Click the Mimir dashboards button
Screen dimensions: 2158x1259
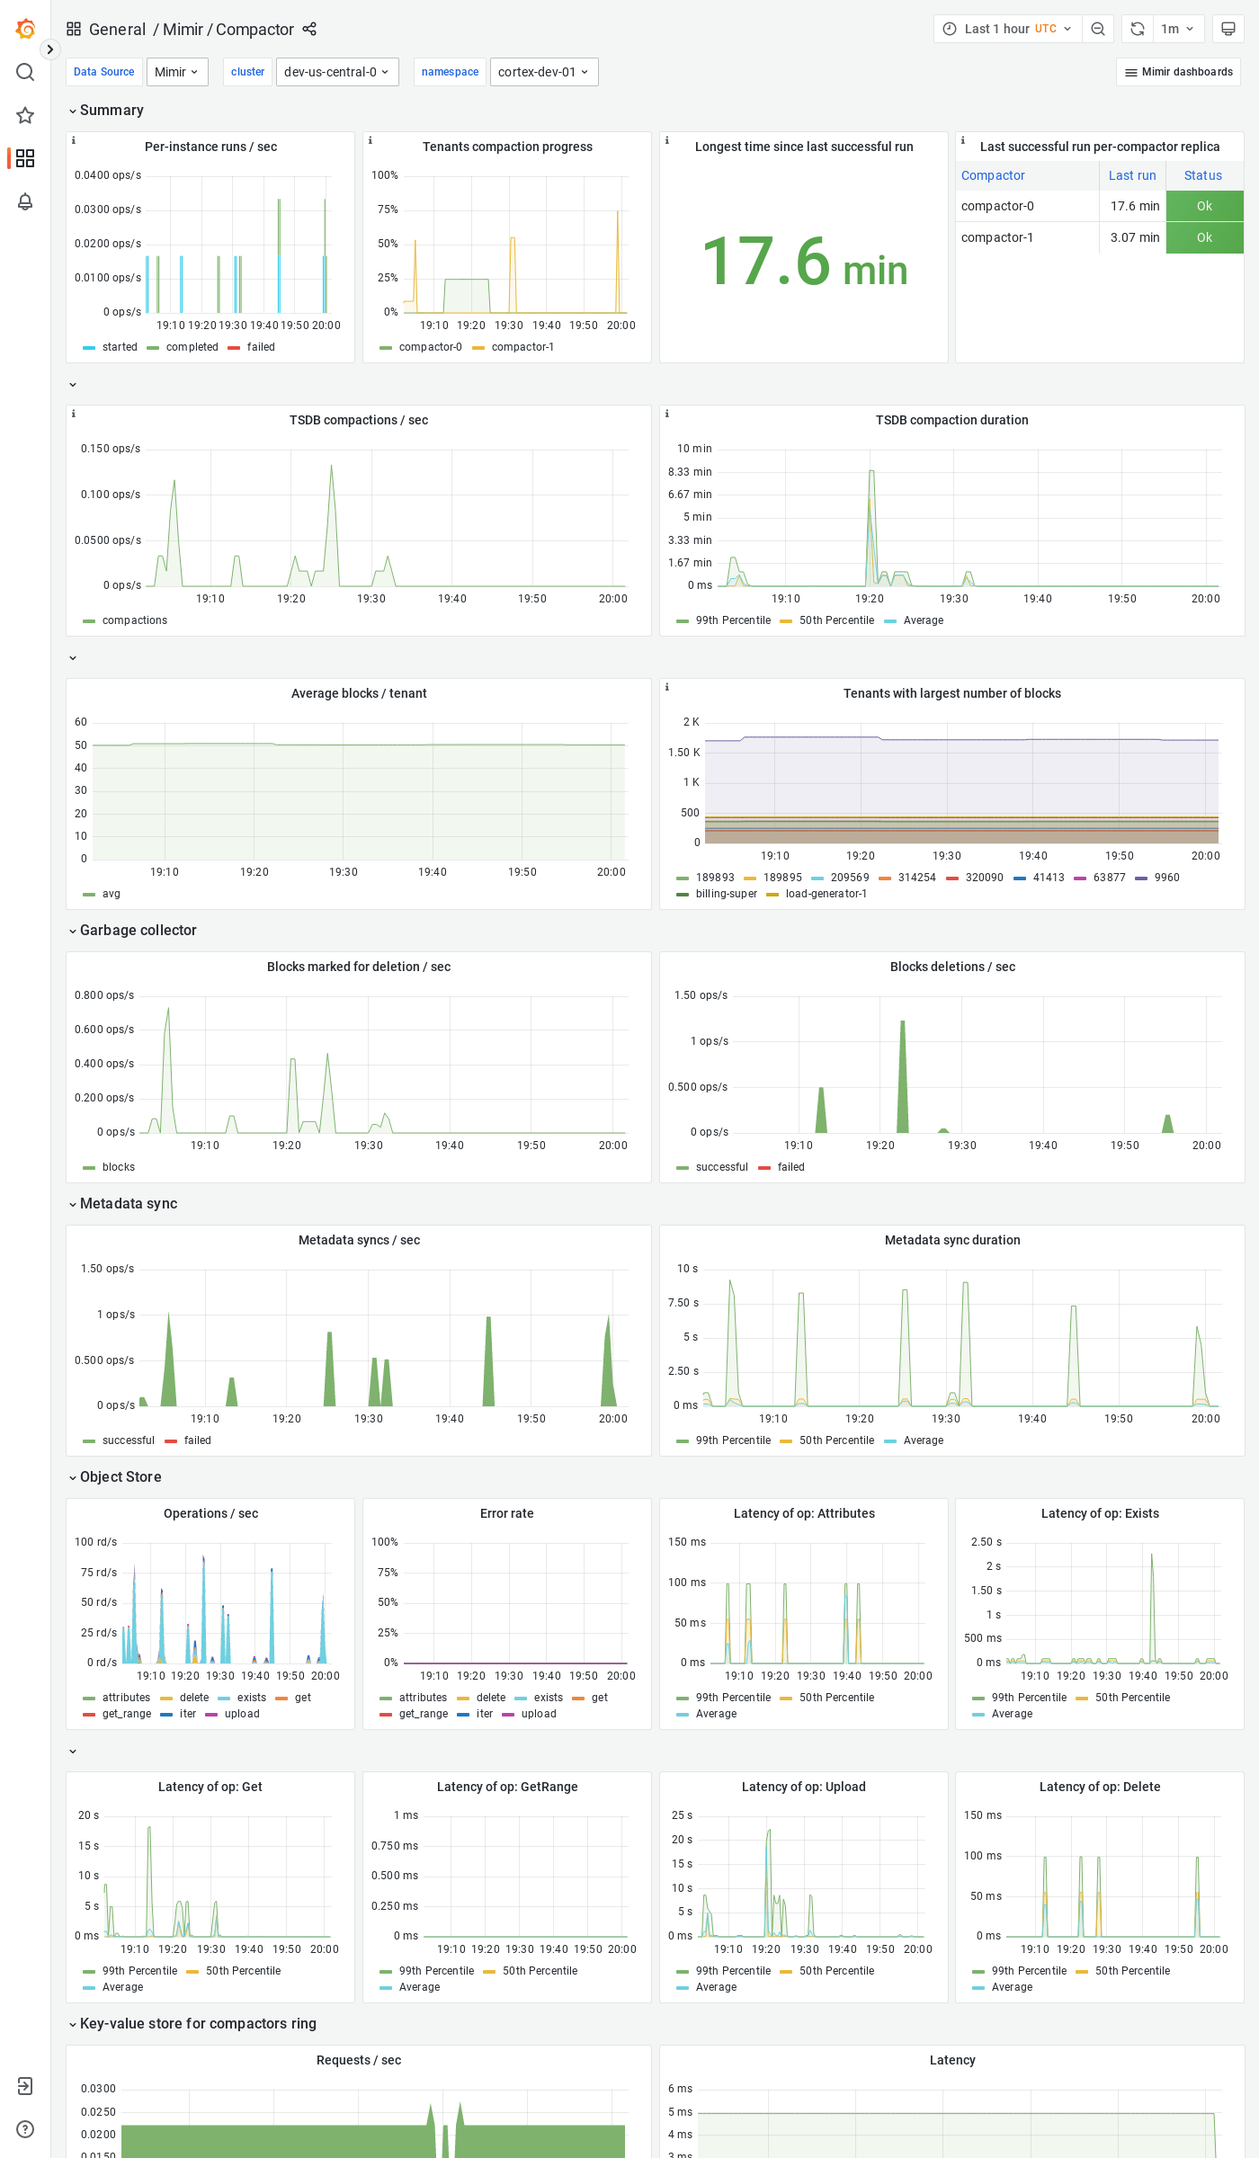(1178, 72)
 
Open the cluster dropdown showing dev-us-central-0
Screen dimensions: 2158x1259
(336, 72)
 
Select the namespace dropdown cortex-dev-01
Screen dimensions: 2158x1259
(543, 72)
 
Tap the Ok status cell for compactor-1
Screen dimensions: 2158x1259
(1204, 237)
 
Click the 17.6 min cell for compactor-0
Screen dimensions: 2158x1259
(1134, 206)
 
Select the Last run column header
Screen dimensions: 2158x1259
(1131, 175)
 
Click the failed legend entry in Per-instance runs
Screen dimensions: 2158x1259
(261, 347)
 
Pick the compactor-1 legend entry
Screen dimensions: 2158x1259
(522, 347)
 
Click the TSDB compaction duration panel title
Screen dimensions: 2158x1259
(951, 420)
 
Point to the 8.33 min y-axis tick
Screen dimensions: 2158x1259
(690, 472)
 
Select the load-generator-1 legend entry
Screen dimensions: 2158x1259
(826, 894)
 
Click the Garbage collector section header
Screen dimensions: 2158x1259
(138, 930)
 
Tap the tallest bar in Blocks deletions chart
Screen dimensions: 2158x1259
(903, 1079)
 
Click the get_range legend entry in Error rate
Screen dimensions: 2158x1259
(423, 1714)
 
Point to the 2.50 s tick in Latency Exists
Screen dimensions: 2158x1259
(986, 1542)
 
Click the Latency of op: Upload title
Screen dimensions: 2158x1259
(803, 1787)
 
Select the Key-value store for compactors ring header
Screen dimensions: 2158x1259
(198, 2023)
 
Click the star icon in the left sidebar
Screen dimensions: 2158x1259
(25, 115)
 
